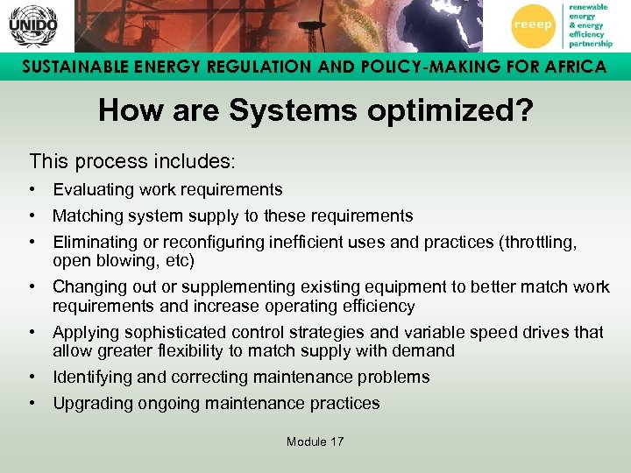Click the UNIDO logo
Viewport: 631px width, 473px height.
[32, 25]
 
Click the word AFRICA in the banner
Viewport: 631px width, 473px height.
[569, 67]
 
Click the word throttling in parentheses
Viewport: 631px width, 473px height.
[538, 242]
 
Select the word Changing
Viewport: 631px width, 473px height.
[90, 287]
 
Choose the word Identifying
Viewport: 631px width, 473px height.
[94, 378]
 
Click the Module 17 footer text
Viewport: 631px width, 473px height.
[315, 441]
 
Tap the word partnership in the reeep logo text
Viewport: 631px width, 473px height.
[591, 43]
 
